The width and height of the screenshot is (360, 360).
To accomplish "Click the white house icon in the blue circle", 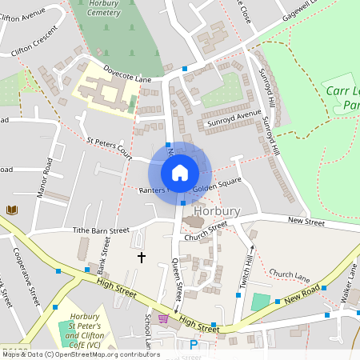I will [180, 172].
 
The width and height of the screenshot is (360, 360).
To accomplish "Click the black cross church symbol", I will [142, 258].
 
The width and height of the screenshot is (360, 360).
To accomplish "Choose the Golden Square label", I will [217, 189].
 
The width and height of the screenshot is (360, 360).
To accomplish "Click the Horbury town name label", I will [217, 211].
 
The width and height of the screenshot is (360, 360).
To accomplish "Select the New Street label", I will [307, 219].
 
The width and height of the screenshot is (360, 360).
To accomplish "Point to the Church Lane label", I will [290, 274].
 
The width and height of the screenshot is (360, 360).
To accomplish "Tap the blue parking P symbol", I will [193, 345].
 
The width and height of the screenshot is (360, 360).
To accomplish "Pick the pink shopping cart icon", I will [164, 319].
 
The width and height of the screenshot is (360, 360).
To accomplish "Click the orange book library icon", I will [12, 210].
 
